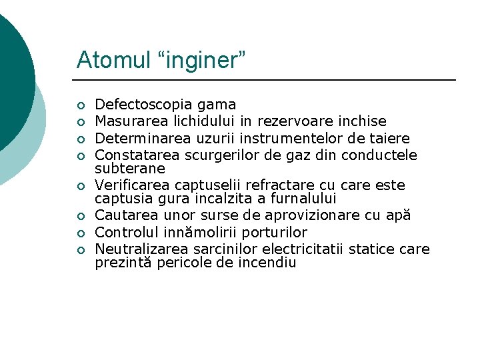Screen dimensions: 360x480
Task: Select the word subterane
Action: pyautogui.click(x=130, y=169)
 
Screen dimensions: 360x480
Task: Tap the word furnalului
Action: pyautogui.click(x=303, y=199)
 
